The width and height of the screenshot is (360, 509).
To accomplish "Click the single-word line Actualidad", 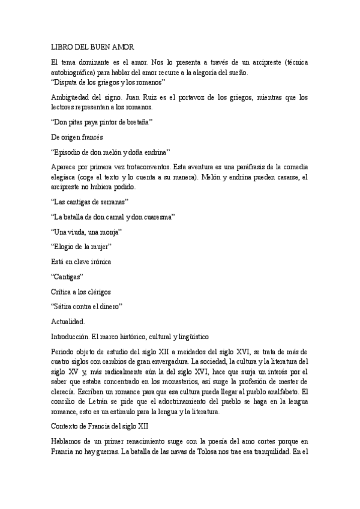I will tap(68, 322).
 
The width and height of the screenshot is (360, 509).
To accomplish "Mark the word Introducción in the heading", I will tap(72, 337).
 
